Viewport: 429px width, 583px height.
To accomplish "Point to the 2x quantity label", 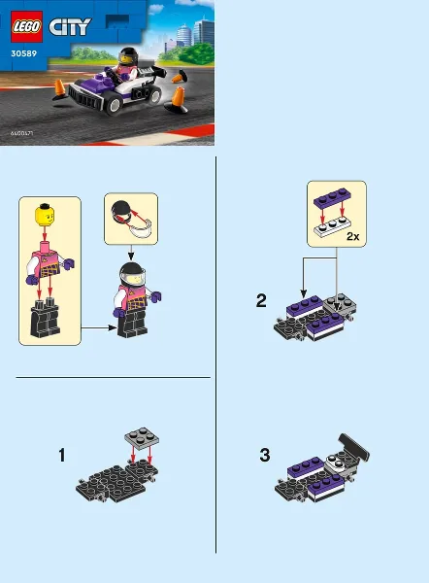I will (x=352, y=236).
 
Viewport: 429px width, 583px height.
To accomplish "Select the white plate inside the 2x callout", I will (x=335, y=228).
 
